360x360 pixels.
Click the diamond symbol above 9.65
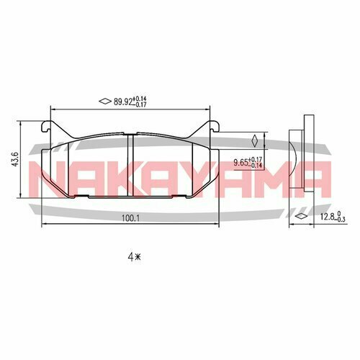(x=254, y=141)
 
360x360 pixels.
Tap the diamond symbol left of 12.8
(x=300, y=215)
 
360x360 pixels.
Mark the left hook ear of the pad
(x=48, y=128)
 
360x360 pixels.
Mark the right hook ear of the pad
(x=215, y=128)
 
